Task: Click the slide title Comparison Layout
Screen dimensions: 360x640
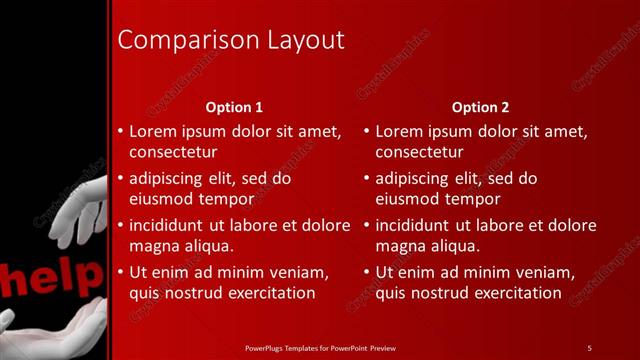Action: tap(231, 40)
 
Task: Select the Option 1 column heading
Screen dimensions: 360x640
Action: tap(234, 107)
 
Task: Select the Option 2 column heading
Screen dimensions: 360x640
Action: tap(480, 107)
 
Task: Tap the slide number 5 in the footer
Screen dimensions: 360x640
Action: tap(589, 347)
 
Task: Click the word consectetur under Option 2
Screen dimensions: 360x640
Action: tap(419, 152)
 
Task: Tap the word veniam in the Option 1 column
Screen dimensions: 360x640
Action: tap(299, 272)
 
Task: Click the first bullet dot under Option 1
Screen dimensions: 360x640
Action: tap(120, 131)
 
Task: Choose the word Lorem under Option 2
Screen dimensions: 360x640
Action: tap(397, 131)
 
